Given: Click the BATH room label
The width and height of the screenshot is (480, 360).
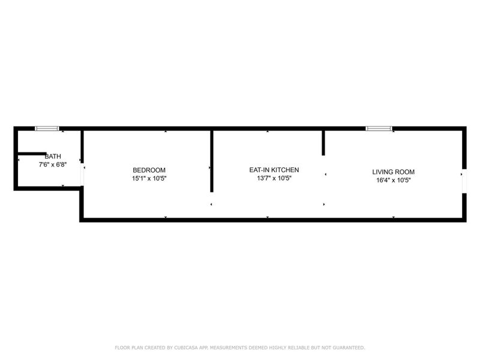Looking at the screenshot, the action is click(53, 157).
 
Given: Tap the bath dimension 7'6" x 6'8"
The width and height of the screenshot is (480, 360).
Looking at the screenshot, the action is click(53, 164).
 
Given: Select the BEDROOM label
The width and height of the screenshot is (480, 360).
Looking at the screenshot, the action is click(149, 170).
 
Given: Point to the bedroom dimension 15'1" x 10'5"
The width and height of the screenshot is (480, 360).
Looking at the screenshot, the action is click(149, 178).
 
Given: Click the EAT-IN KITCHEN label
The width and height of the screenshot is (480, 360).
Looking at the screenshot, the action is click(274, 170).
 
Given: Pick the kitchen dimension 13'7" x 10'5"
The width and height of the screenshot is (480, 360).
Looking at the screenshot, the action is click(274, 178).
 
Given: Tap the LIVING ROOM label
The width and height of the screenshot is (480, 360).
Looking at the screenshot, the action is click(394, 172).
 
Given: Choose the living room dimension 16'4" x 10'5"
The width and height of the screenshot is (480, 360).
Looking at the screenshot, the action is click(394, 181).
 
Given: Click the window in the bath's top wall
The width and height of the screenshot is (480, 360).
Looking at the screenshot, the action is click(47, 128).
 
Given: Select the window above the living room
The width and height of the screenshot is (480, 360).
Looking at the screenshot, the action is click(379, 128).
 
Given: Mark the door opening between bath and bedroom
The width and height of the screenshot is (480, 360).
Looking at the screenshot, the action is click(82, 174).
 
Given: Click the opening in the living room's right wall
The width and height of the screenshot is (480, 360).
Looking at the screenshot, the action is click(464, 181).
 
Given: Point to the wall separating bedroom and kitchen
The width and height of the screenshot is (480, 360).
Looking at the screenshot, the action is click(212, 161).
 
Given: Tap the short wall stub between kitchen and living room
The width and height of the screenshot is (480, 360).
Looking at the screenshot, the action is click(323, 143).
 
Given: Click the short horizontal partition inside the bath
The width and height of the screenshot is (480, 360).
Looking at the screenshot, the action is click(32, 154).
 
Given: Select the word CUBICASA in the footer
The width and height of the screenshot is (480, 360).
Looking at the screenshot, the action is click(186, 348).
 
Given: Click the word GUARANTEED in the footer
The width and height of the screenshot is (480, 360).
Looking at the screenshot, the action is click(349, 348).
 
